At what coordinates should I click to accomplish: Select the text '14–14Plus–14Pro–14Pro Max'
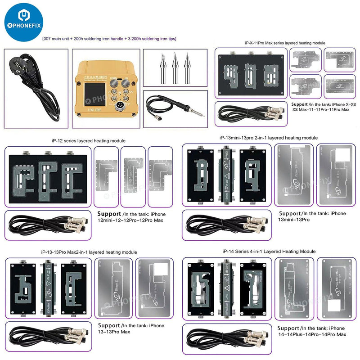pyautogui.click(x=311, y=334)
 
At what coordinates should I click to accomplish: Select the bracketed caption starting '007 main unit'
pyautogui.click(x=109, y=39)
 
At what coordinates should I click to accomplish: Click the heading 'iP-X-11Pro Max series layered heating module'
pyautogui.click(x=285, y=43)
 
